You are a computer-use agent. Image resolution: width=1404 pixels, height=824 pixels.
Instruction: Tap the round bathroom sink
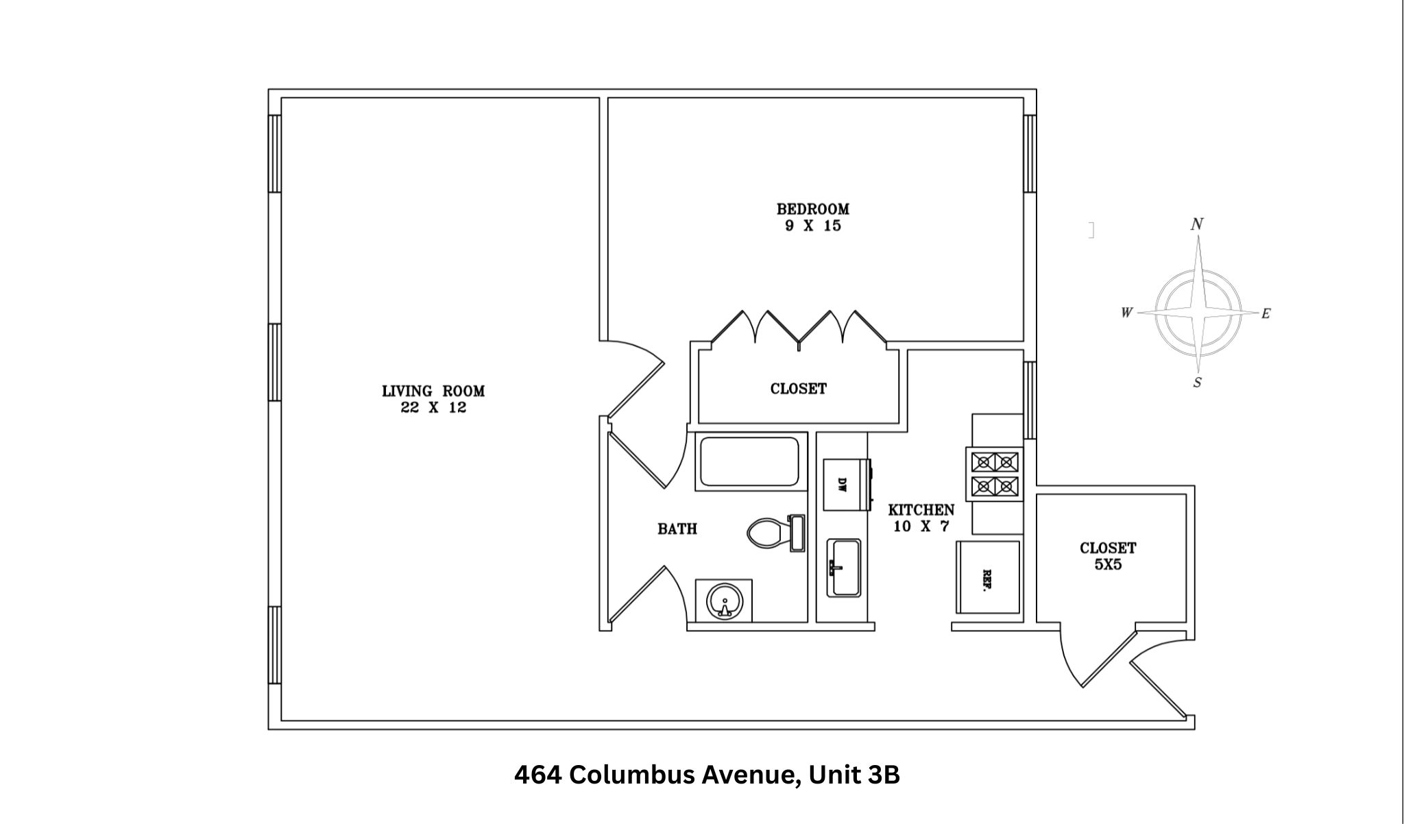pyautogui.click(x=724, y=601)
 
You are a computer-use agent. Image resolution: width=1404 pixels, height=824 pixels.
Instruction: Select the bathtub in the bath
pyautogui.click(x=749, y=461)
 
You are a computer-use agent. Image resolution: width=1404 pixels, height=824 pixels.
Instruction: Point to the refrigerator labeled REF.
pyautogui.click(x=988, y=577)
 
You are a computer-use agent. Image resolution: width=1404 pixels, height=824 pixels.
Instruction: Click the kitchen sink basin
pyautogui.click(x=845, y=568)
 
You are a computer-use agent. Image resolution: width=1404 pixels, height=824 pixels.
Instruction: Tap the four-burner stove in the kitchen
pyautogui.click(x=995, y=473)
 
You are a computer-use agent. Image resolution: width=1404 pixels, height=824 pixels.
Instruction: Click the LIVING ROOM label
pyautogui.click(x=433, y=391)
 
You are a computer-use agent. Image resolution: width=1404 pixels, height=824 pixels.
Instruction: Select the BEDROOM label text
pyautogui.click(x=812, y=209)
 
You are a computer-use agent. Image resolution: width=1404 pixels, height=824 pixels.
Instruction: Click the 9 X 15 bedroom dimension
pyautogui.click(x=812, y=226)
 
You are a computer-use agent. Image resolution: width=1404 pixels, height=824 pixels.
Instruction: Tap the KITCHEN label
pyautogui.click(x=921, y=510)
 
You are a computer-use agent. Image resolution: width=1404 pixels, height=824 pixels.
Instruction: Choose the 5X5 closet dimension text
pyautogui.click(x=1108, y=566)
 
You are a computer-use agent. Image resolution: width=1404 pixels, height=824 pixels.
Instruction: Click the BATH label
pyautogui.click(x=677, y=529)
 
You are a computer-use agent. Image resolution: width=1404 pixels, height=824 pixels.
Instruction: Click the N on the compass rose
pyautogui.click(x=1197, y=224)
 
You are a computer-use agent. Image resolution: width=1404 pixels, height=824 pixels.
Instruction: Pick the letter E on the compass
pyautogui.click(x=1266, y=314)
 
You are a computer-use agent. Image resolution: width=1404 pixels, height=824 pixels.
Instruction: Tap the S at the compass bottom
pyautogui.click(x=1197, y=383)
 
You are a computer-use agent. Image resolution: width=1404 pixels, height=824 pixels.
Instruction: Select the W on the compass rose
pyautogui.click(x=1126, y=313)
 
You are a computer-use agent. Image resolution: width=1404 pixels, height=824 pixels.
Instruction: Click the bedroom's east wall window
pyautogui.click(x=1029, y=153)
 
